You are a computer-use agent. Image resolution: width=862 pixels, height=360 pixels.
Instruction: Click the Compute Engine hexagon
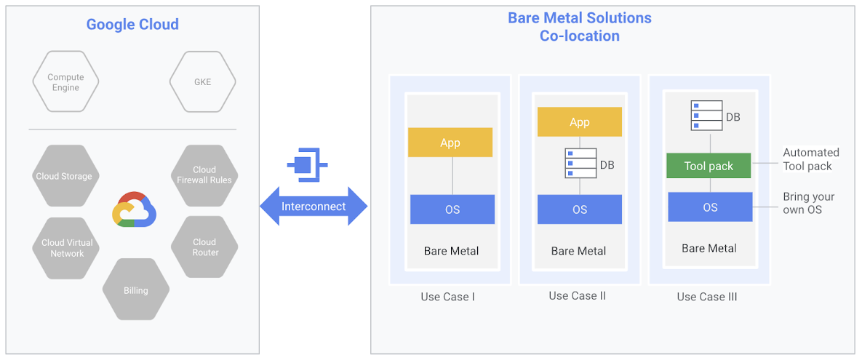coord(65,82)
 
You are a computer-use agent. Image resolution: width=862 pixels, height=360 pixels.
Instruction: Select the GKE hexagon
coord(202,82)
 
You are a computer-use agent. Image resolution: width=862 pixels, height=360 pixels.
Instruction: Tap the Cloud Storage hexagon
coord(65,176)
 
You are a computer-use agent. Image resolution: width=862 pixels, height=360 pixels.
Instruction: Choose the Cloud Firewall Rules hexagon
coord(204,175)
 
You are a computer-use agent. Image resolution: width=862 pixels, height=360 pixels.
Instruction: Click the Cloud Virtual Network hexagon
coord(67,248)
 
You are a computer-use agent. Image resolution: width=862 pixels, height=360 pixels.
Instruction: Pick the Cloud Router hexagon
coord(204,247)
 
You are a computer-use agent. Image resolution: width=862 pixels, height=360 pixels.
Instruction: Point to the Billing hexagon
coord(136,290)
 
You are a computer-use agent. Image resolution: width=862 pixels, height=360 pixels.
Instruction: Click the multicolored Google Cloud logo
coord(135,210)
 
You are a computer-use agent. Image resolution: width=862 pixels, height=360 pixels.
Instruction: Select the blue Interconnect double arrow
coord(314,206)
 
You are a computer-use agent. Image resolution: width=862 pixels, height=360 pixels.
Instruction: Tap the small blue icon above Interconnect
coord(307,165)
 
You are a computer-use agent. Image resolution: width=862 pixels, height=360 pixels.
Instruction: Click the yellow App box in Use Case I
coord(450,143)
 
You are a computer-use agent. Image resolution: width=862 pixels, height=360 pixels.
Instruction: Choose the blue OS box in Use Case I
coord(452,209)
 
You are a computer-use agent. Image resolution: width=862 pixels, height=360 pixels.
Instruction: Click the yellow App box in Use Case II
coord(580,122)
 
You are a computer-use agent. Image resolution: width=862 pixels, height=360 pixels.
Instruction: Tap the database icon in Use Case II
coord(580,164)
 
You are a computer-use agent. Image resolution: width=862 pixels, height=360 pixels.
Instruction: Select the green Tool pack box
coord(709,166)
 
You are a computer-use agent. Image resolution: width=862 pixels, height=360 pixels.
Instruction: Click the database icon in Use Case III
coord(706,116)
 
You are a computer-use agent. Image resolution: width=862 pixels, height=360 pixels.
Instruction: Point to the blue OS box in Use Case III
coord(710,207)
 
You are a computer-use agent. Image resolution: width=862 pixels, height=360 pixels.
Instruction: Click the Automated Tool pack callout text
coord(810,159)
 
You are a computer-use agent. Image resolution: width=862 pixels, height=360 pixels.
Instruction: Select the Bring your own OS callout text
coord(808,204)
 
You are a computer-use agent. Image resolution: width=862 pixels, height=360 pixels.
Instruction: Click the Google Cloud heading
coord(132,24)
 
